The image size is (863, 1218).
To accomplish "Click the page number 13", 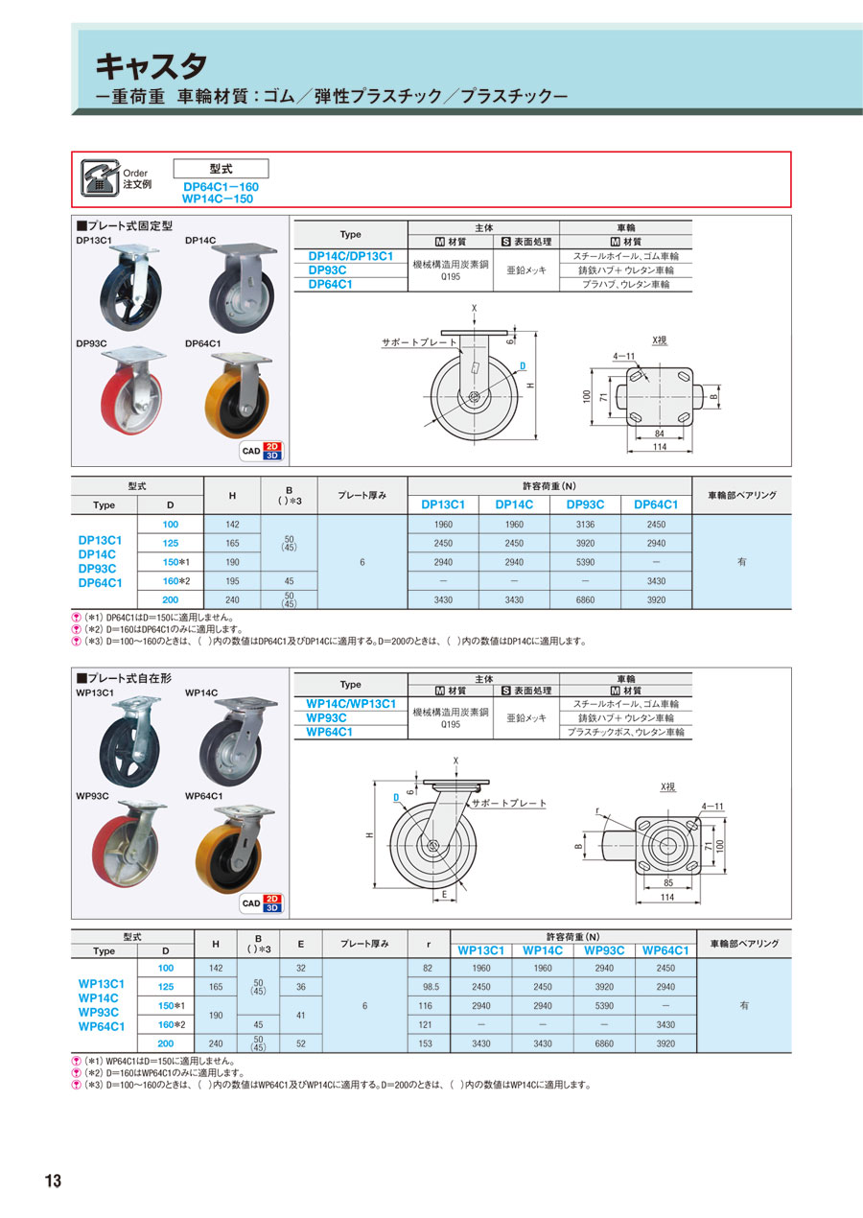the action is coord(54,1181).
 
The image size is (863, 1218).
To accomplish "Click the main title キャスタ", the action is coord(152,66).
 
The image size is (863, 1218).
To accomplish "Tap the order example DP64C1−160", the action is coord(221,186).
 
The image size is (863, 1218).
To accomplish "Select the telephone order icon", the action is coord(100,177).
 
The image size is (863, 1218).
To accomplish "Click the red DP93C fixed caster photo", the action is coord(132,390).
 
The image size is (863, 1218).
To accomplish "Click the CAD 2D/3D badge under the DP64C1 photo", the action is coord(262,451).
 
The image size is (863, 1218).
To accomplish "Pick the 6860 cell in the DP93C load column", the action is coord(585,599).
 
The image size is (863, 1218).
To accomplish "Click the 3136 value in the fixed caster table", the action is coord(585,525).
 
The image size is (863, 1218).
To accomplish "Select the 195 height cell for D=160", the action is coord(232,581).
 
